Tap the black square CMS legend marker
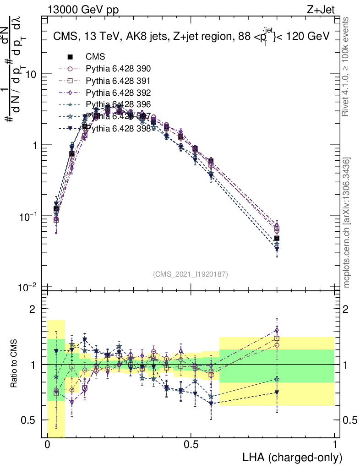[x=70, y=57]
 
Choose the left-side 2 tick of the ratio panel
[x=33, y=309]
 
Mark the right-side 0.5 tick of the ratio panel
[x=348, y=420]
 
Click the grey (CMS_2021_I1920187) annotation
[x=191, y=274]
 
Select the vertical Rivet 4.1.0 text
[x=347, y=71]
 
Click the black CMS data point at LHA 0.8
[x=277, y=239]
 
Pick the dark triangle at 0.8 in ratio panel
[x=277, y=392]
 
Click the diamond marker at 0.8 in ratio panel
[x=277, y=330]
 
